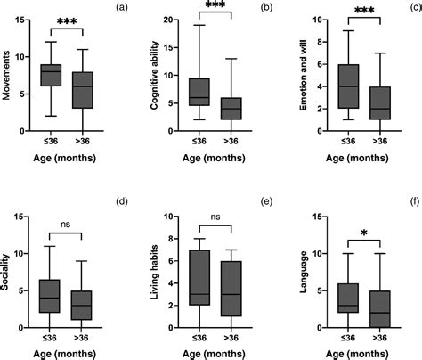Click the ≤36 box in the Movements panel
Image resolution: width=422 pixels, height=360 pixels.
(52, 75)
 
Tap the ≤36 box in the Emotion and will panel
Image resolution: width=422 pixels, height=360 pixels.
(347, 86)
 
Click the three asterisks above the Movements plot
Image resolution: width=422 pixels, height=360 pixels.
(67, 21)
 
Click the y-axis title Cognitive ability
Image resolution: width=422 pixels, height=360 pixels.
(157, 69)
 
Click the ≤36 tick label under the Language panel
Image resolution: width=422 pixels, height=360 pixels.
(347, 340)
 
